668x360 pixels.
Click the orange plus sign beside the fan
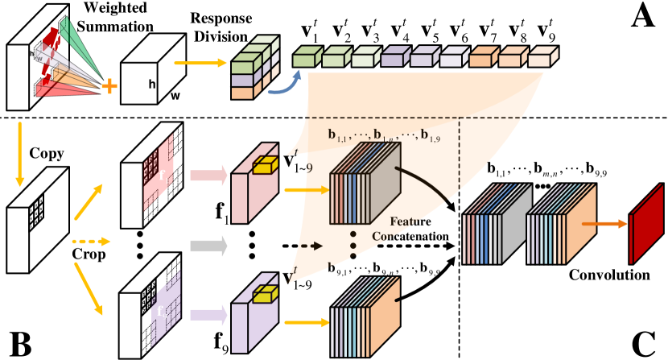(x=109, y=86)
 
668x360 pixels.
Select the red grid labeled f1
(x=159, y=172)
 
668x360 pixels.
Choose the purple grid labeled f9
(x=166, y=308)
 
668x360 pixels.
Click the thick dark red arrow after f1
(x=208, y=176)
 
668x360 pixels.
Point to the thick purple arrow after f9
(x=208, y=314)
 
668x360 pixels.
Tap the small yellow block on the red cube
(x=265, y=166)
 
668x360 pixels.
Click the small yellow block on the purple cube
(x=265, y=296)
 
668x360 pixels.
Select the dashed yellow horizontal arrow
(x=90, y=241)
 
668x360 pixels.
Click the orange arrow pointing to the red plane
(x=604, y=223)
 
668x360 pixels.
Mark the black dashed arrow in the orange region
(x=311, y=246)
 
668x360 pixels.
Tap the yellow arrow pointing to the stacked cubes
(x=200, y=62)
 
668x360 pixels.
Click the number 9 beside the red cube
(x=308, y=168)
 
